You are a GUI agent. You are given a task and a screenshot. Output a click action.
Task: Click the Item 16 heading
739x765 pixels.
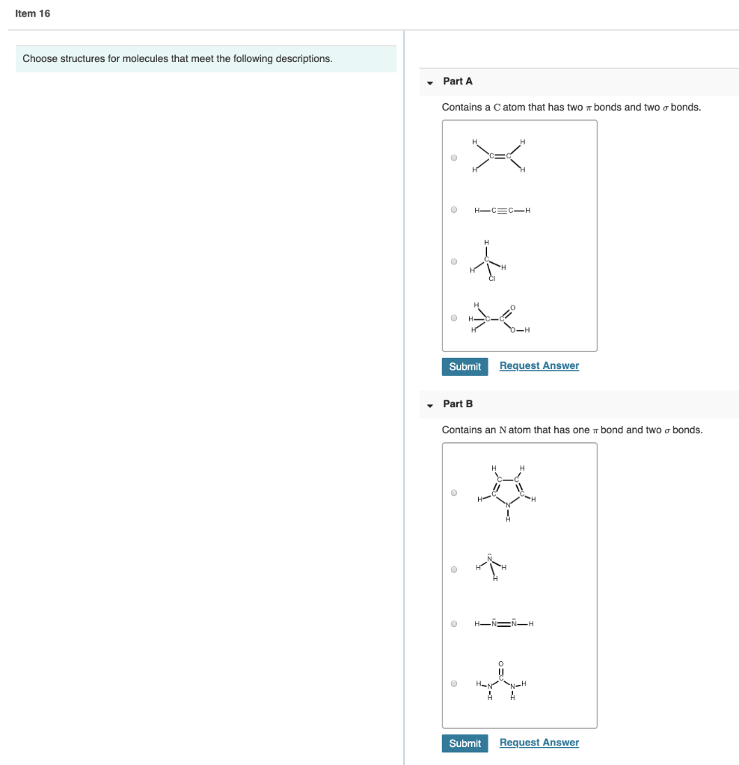[x=33, y=13]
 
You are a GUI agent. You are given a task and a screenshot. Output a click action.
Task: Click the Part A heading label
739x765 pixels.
[x=458, y=81]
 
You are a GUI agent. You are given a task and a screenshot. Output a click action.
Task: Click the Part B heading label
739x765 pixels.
[x=458, y=403]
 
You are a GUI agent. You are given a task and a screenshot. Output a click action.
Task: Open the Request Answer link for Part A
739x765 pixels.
[x=539, y=365]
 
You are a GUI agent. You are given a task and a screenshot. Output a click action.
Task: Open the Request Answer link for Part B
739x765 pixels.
[x=539, y=742]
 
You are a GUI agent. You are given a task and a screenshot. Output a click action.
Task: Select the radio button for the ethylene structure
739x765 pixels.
[x=454, y=158]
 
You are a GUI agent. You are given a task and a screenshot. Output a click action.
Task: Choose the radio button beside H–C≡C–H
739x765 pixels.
[x=454, y=210]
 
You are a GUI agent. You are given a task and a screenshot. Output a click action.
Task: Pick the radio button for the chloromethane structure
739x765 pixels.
[x=454, y=261]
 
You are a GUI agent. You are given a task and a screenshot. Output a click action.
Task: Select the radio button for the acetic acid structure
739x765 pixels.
[x=454, y=318]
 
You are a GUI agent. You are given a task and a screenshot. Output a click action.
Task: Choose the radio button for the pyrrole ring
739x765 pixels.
[x=454, y=493]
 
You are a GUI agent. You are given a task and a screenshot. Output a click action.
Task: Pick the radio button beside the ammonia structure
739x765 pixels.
[x=454, y=569]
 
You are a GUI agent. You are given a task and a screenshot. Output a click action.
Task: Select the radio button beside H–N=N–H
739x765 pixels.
[x=454, y=624]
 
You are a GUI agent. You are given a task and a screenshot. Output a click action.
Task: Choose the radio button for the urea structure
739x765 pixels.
[x=454, y=683]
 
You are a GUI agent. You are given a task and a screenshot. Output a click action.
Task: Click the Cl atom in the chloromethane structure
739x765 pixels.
[x=492, y=279]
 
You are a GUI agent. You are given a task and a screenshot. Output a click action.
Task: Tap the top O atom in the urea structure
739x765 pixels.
[x=501, y=663]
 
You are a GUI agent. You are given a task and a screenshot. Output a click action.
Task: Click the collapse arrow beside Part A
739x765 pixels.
[x=430, y=82]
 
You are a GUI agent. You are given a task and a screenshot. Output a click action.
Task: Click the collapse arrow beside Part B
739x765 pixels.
[x=430, y=405]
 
